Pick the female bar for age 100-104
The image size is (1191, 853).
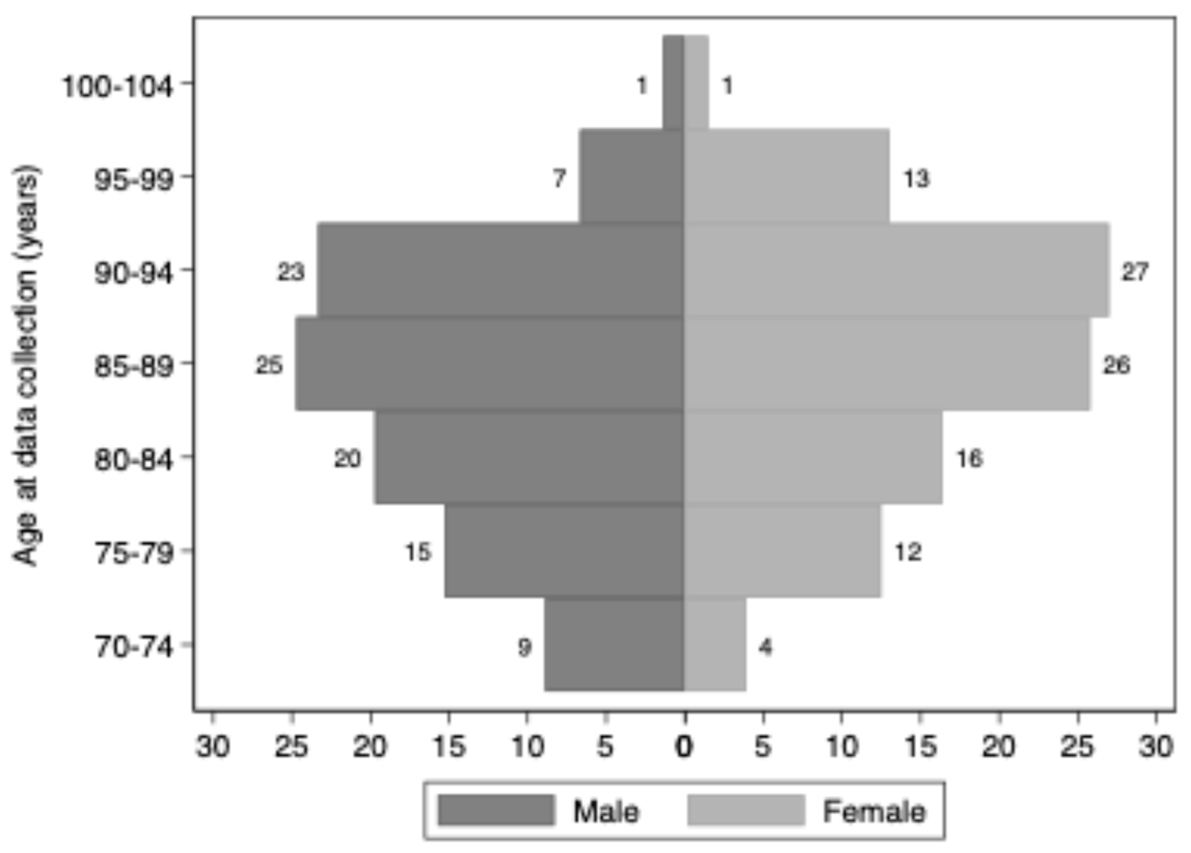pos(696,82)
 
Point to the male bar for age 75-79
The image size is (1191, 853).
pos(564,551)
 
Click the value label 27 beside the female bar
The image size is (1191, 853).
pos(1135,272)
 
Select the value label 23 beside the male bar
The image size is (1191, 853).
pos(291,272)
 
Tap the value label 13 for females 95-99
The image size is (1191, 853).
pos(916,179)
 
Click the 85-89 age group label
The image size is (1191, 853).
pos(133,366)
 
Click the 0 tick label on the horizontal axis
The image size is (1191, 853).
pos(684,746)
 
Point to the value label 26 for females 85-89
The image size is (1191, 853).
pos(1116,366)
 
